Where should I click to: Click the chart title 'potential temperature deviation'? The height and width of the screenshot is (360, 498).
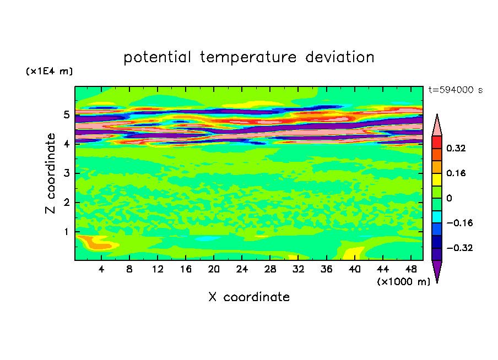click(x=248, y=57)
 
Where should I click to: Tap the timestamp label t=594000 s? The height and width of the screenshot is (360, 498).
click(x=456, y=90)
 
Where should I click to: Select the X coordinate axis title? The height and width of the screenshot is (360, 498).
click(x=249, y=297)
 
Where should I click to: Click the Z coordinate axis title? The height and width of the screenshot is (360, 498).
click(x=51, y=173)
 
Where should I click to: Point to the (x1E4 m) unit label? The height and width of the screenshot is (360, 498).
click(x=49, y=72)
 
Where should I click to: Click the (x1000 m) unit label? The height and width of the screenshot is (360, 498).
click(x=403, y=282)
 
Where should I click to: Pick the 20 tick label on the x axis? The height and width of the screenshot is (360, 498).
click(x=214, y=270)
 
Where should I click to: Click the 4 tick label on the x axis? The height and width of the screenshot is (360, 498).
click(x=101, y=270)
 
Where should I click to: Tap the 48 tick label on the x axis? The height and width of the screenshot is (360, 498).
click(x=411, y=270)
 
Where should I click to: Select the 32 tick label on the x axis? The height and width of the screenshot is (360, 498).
click(x=298, y=270)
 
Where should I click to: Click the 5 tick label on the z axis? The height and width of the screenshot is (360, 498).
click(x=66, y=114)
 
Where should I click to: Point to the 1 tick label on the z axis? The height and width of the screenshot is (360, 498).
click(x=66, y=232)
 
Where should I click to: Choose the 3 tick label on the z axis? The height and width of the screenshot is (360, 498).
click(x=66, y=173)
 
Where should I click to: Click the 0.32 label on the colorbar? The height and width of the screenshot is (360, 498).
click(x=456, y=148)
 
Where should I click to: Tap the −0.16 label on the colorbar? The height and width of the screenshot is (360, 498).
click(x=459, y=223)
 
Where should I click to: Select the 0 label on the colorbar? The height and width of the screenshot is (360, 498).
click(x=449, y=198)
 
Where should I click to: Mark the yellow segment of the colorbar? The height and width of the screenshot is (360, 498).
click(x=437, y=179)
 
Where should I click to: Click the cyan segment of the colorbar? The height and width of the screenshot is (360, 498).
click(x=437, y=217)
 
